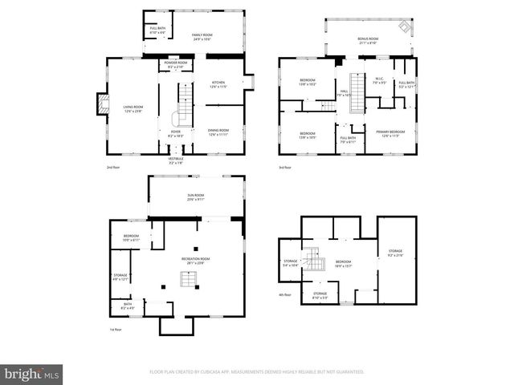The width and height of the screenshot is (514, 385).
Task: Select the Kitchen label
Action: pos(219,84)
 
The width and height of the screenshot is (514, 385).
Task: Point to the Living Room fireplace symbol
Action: pos(102,104)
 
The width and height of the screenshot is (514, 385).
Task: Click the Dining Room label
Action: pos(218,132)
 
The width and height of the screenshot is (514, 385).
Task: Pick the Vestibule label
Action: pos(175,160)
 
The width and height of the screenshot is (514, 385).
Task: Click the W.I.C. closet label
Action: pos(380,82)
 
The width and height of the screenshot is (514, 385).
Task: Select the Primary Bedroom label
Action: pos(390,133)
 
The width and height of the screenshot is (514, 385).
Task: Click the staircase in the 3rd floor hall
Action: pos(354,88)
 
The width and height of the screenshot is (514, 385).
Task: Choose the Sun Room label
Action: pos(195,197)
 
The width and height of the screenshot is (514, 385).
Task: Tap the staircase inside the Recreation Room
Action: pos(187,279)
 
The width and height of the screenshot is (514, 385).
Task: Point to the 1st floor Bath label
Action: pos(128,306)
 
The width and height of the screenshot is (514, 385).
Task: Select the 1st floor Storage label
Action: pos(120,278)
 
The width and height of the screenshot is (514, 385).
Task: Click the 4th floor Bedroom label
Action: pos(344,264)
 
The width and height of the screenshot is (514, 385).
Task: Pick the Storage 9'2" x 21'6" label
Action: pos(396,253)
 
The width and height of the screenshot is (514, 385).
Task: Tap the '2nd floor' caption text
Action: pos(113,168)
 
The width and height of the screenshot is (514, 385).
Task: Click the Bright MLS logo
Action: pos(32,374)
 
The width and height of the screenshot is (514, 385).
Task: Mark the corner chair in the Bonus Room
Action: pos(407,29)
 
